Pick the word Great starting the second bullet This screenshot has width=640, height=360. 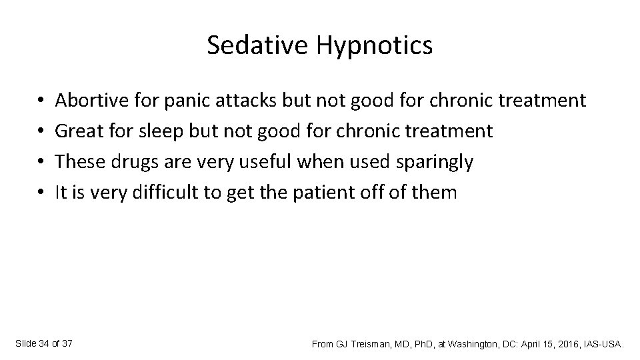(76, 131)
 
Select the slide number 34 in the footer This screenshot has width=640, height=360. (43, 343)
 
